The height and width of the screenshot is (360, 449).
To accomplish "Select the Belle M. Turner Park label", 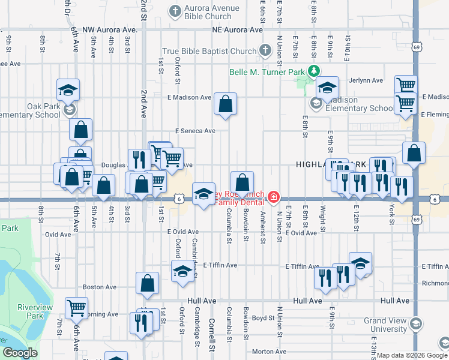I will [266, 72].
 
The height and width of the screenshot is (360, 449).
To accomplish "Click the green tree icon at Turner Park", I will [312, 71].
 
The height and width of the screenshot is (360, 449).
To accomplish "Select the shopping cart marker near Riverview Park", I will [77, 308].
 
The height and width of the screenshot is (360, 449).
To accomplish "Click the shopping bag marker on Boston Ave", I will [147, 283].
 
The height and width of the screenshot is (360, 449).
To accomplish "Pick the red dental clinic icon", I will [274, 197].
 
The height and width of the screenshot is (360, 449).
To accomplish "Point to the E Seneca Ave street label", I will [195, 130].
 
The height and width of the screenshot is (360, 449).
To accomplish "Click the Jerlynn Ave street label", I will [369, 80].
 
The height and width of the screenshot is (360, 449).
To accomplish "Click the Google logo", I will [20, 353].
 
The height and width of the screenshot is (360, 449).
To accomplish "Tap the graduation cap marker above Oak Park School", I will [68, 90].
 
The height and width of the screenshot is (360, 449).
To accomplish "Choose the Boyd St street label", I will [263, 318].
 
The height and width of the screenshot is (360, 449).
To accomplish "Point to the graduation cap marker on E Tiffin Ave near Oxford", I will [183, 271].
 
